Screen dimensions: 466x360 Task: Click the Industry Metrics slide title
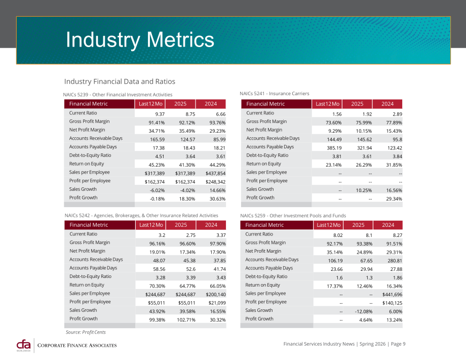click(140, 40)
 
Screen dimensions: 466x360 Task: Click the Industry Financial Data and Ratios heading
click(120, 82)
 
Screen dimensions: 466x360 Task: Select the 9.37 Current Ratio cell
click(160, 114)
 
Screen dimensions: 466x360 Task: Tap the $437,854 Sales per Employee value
click(215, 173)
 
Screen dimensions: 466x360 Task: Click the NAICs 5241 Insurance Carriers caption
click(275, 94)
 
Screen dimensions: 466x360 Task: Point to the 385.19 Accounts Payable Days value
click(334, 148)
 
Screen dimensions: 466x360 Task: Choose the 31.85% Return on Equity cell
click(394, 165)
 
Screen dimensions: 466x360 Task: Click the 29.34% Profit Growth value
click(394, 198)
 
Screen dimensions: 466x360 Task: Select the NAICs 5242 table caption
click(141, 216)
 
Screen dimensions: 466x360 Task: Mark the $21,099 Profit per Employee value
click(217, 303)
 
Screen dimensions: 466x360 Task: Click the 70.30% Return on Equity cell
click(157, 286)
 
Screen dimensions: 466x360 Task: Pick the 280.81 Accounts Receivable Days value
click(395, 260)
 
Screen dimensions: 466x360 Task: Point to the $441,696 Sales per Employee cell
click(392, 295)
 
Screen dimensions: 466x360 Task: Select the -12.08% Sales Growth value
click(364, 311)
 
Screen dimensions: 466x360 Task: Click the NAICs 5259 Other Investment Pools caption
click(293, 216)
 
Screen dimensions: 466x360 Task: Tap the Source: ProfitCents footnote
click(86, 332)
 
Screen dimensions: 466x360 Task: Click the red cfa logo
click(23, 345)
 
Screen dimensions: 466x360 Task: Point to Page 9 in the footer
click(398, 344)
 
